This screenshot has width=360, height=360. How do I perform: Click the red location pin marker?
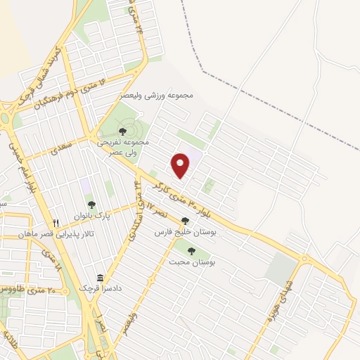click(x=181, y=165)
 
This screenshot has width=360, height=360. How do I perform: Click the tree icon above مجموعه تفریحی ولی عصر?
click(x=122, y=131)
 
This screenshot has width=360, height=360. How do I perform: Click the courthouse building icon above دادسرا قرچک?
click(x=99, y=277)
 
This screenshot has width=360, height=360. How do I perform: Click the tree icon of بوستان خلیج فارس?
click(x=185, y=220)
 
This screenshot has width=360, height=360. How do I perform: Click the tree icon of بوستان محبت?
click(x=191, y=250)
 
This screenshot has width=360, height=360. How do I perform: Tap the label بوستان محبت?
click(x=191, y=262)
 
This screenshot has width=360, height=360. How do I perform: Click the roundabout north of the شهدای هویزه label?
click(x=304, y=261)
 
